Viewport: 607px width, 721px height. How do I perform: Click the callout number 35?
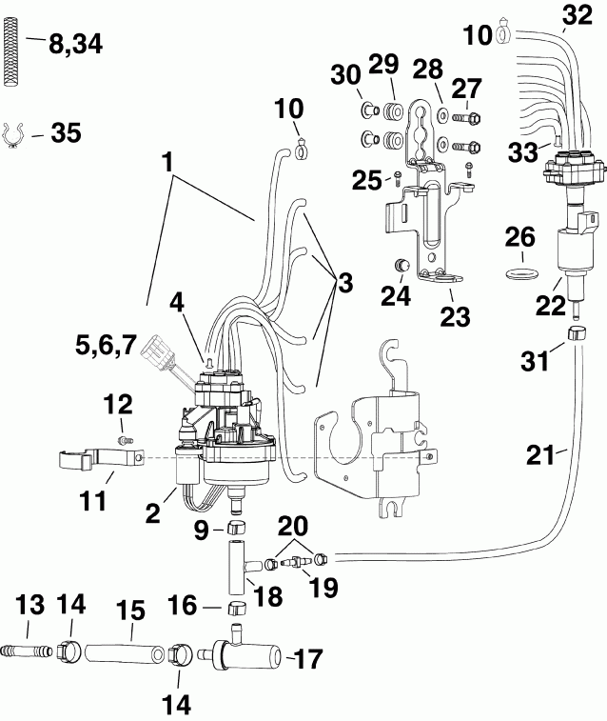pos(66,134)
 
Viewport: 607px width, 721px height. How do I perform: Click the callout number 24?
pos(396,296)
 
